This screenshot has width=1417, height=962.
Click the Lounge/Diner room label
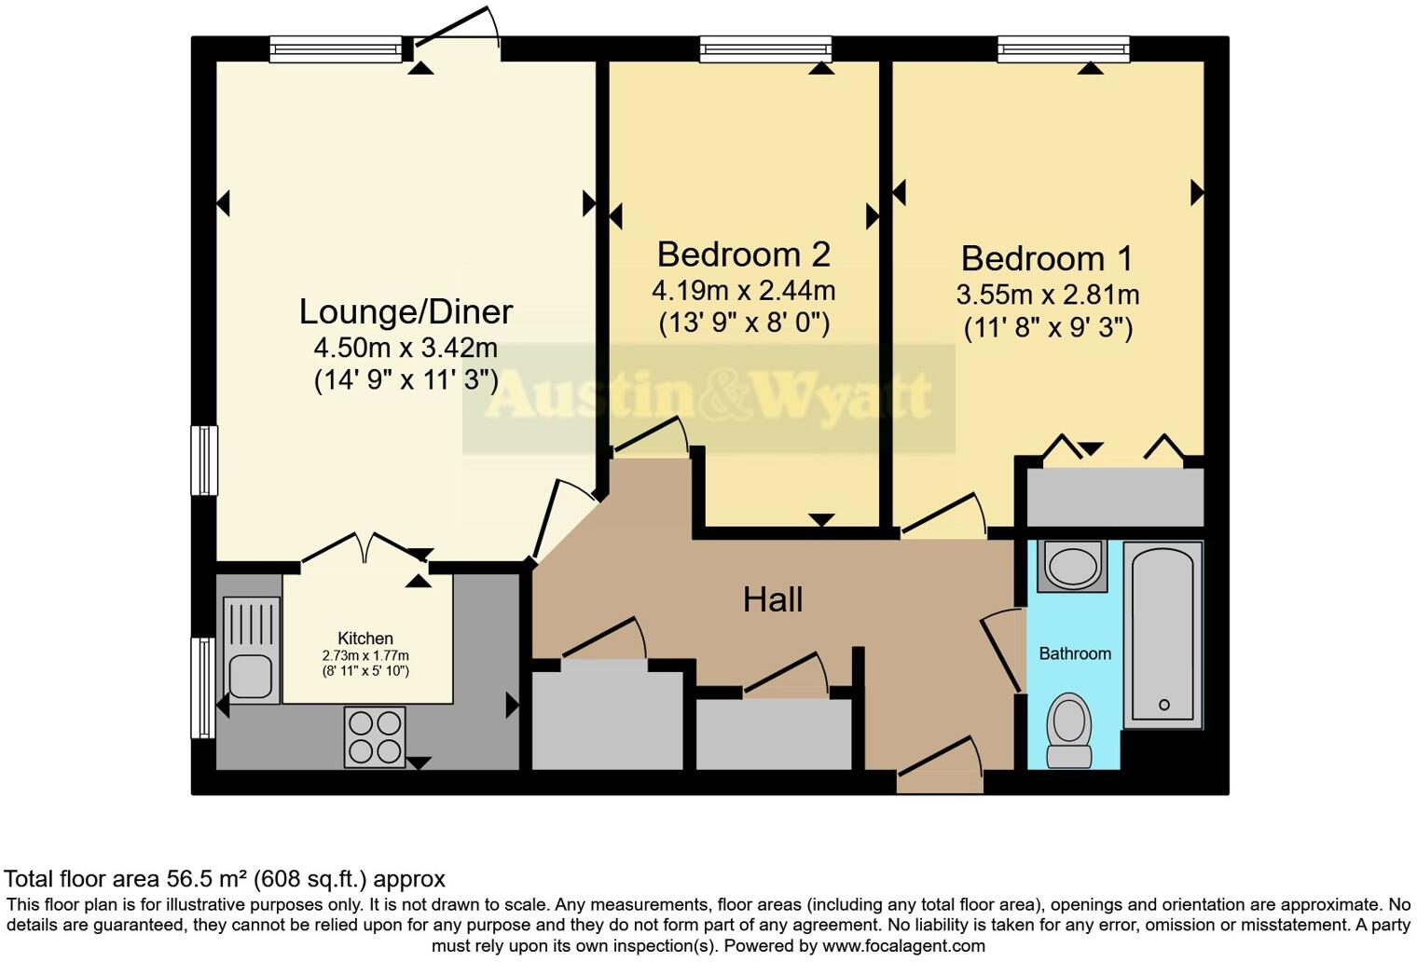coord(406,311)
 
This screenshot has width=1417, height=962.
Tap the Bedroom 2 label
coord(743,254)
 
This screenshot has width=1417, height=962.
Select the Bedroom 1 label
coord(1047,258)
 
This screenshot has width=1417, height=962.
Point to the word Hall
coord(773,599)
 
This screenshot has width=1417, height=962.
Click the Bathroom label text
coord(1075,653)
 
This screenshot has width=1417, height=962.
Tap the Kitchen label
coord(365,639)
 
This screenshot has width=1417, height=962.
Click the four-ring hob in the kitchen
coord(375,736)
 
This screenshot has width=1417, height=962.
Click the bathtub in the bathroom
coord(1162,634)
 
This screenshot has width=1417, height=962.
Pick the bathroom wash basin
coord(1072,566)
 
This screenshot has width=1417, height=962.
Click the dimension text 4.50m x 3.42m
coord(406,349)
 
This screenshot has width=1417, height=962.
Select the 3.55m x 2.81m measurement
coord(1047,295)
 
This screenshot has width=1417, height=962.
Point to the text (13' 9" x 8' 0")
coord(743,323)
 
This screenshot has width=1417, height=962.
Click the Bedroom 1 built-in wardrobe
coord(1115,497)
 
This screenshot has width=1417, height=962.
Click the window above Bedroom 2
coord(765,48)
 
